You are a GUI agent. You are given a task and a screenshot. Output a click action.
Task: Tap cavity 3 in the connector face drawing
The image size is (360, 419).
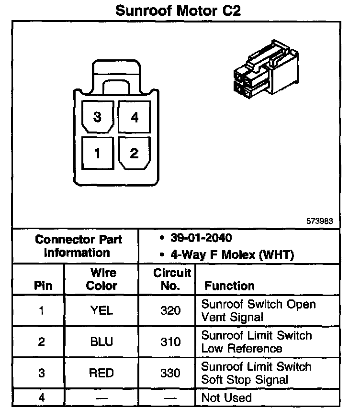(98, 116)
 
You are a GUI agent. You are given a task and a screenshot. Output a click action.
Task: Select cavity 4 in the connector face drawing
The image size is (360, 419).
(135, 116)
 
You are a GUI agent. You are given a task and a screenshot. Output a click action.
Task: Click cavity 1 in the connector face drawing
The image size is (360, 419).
(98, 153)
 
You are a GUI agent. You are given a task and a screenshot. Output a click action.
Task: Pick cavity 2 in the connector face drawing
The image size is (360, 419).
(135, 153)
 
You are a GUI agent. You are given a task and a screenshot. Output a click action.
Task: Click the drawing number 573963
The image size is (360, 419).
(320, 221)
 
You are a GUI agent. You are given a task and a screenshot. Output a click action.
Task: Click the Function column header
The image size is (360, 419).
(229, 286)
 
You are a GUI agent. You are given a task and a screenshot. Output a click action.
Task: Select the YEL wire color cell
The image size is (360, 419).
(101, 310)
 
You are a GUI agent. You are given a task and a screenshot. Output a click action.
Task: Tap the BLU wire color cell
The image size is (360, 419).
(101, 342)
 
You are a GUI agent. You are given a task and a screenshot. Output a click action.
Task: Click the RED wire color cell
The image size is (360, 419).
(101, 373)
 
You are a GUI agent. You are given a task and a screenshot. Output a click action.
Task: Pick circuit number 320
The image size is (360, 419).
(171, 310)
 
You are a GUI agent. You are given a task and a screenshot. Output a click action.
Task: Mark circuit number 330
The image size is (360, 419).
(171, 373)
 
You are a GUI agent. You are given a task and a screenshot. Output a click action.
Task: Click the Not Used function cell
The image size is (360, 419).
(226, 397)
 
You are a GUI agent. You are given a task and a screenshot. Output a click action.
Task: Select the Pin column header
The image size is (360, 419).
(43, 286)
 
